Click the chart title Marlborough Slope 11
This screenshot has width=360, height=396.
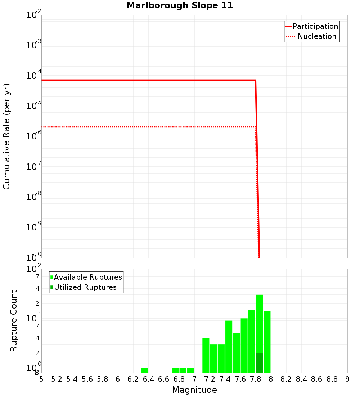[x=180, y=5]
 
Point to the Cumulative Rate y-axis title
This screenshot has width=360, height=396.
[x=6, y=136]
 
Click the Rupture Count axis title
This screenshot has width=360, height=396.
[x=14, y=320]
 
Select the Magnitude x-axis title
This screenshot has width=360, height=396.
[x=194, y=390]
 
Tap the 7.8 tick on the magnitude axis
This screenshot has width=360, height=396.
[x=256, y=379]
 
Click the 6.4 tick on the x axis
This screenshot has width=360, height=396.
[x=148, y=379]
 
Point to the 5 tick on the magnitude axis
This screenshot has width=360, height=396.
[x=41, y=379]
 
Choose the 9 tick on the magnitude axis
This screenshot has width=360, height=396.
[x=347, y=379]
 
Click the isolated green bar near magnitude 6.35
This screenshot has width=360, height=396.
[x=145, y=370]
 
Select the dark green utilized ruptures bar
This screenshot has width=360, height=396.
[x=259, y=363]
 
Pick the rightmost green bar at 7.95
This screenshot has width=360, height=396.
[x=267, y=342]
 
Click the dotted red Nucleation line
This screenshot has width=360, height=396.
[x=144, y=127]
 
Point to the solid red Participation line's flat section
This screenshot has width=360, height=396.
[x=144, y=80]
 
